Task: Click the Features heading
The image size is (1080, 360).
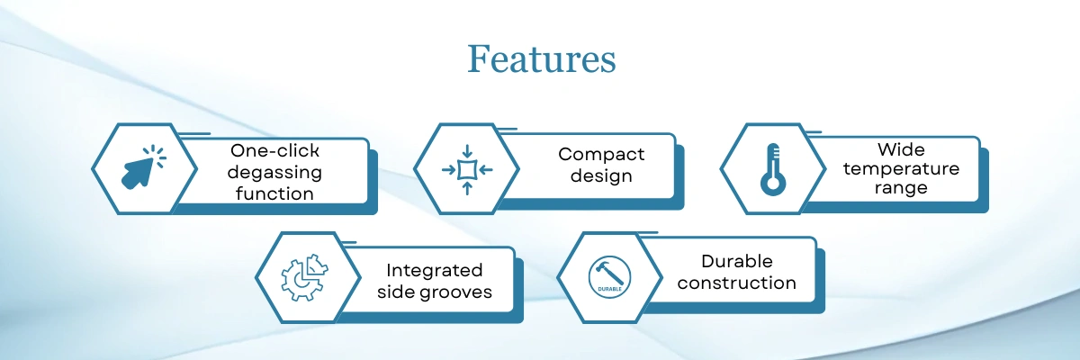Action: point(542,59)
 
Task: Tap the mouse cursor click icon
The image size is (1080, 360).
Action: point(143,166)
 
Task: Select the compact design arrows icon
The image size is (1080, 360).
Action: point(467,169)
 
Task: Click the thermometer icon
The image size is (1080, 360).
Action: point(773,169)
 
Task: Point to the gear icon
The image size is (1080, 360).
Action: point(304,277)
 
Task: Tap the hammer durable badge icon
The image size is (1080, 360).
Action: point(609,277)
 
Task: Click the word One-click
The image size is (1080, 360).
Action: point(274,151)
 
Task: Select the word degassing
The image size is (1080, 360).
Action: point(274,173)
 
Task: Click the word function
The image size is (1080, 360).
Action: point(274,193)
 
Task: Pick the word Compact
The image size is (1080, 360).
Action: point(601,155)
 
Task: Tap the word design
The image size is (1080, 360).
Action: point(601,175)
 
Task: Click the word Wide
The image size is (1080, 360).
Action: point(901,149)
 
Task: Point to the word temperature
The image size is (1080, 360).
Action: point(901,169)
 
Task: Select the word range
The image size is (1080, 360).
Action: point(901,188)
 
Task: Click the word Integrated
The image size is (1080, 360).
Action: point(435,271)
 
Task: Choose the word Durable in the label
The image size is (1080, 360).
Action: point(737,261)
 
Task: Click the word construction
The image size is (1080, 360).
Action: point(737,283)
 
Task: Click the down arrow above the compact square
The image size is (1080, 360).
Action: point(467,151)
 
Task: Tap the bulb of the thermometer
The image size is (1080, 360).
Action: point(773,184)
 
